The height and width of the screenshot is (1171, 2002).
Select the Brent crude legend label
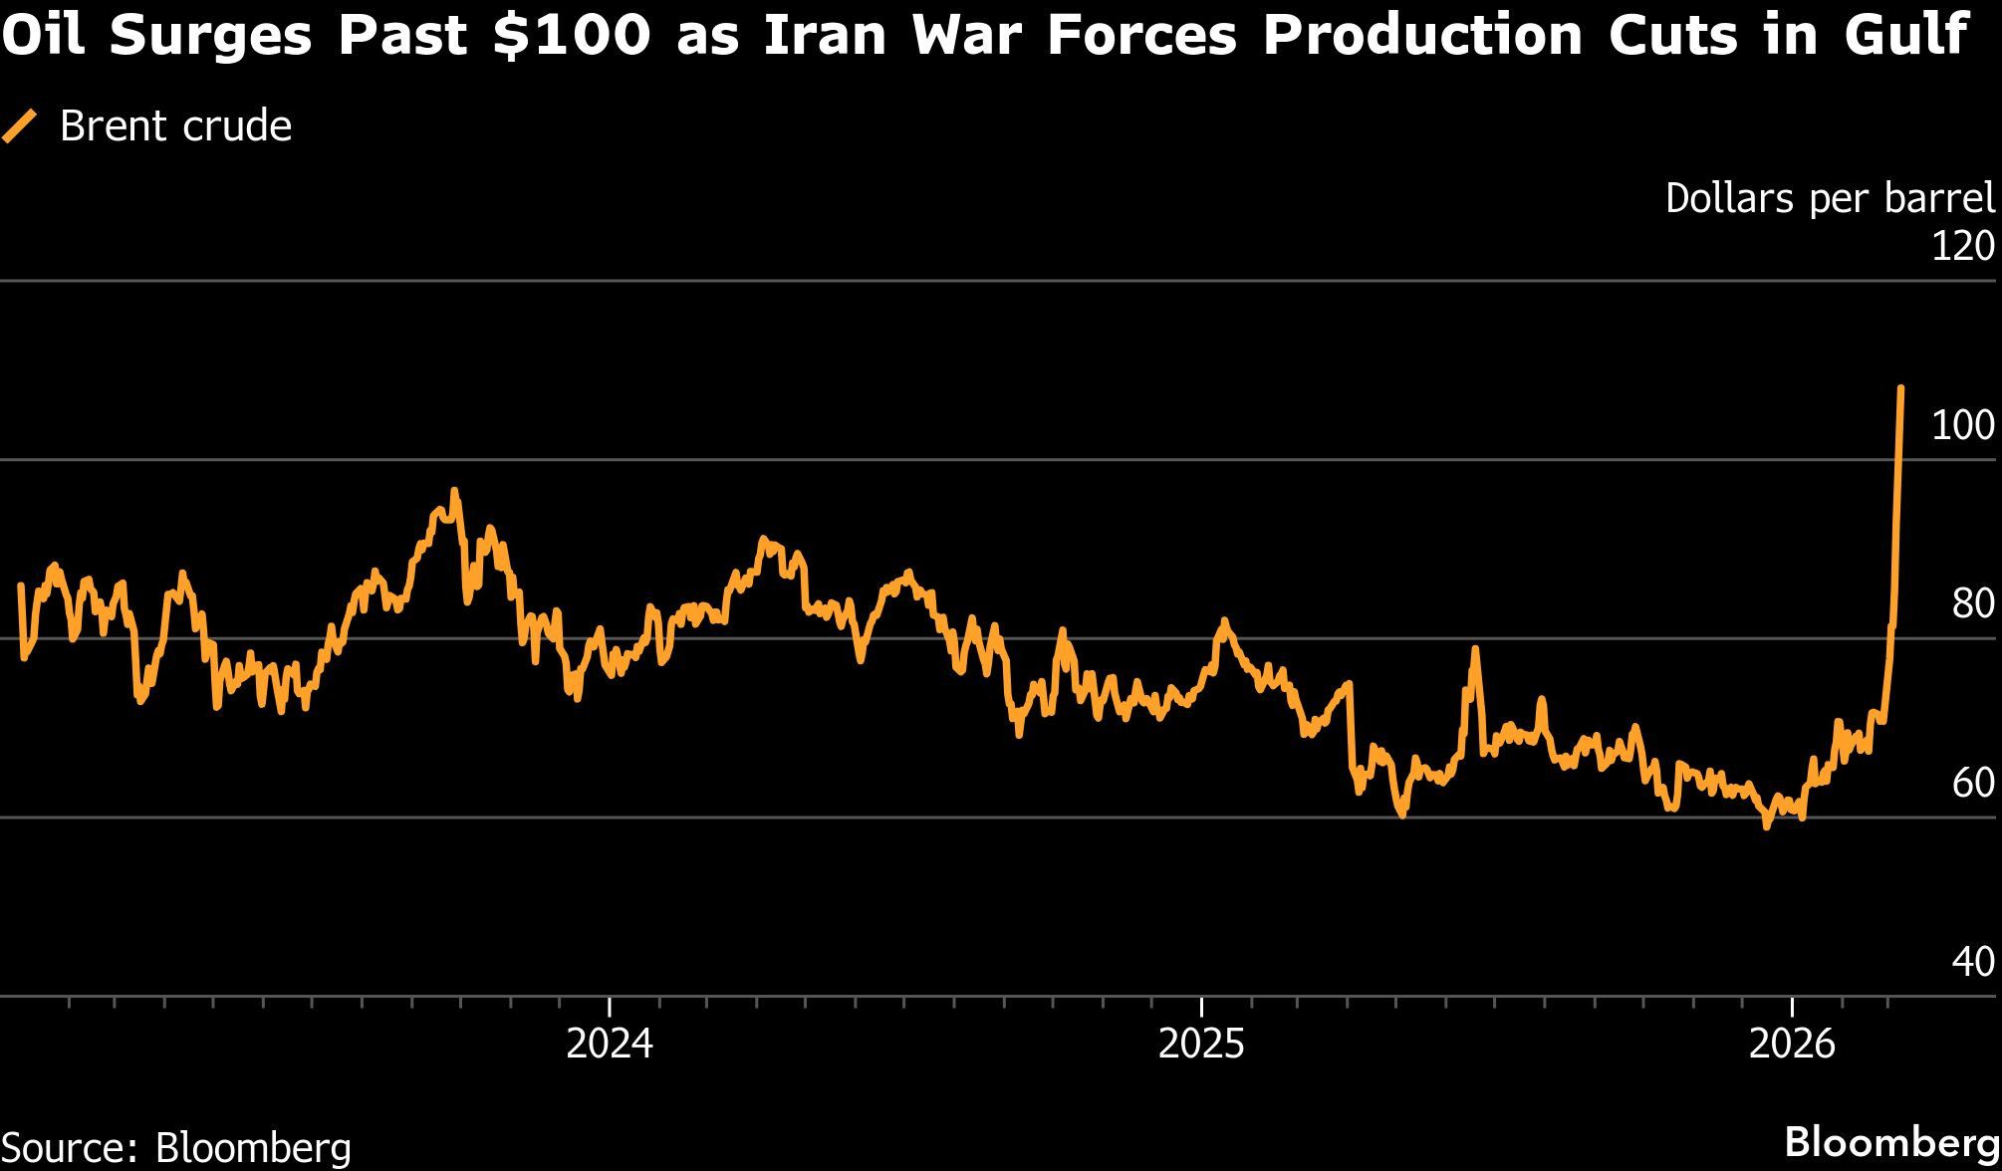175,126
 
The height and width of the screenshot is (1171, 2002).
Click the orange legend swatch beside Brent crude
20,127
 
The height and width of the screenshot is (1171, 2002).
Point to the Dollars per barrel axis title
1830,198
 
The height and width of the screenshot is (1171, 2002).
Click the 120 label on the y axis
1962,247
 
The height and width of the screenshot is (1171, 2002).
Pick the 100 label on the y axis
1962,425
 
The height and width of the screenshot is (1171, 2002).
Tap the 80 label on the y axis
1972,603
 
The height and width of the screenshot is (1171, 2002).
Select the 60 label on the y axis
1972,783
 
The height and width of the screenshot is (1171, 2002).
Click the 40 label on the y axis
1972,961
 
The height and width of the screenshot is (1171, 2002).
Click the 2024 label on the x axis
610,1044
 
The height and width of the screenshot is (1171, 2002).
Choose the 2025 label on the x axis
1202,1044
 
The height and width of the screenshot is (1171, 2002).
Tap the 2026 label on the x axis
1792,1044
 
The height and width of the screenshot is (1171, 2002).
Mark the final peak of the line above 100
1900,388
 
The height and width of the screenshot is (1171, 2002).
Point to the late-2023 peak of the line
454,491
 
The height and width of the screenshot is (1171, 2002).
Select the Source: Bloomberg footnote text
176,1147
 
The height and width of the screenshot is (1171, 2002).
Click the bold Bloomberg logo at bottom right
1890,1141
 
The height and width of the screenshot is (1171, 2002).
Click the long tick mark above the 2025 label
1202,1006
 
